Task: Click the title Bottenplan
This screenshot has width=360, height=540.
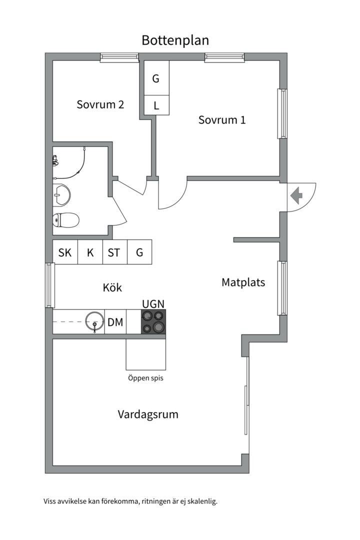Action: coord(175,40)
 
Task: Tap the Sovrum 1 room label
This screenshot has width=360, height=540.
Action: coord(222,120)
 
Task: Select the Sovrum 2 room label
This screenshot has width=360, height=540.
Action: coord(100,104)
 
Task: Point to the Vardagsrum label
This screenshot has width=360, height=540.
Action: coord(148,414)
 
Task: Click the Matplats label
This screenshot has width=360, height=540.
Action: coord(243,282)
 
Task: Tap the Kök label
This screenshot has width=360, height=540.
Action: coord(112,287)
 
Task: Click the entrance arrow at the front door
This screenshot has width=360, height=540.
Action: coord(296,195)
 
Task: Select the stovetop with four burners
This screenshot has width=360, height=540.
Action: coord(153,321)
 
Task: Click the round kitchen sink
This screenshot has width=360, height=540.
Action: coord(94,321)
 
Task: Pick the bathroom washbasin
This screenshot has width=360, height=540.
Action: coord(62,194)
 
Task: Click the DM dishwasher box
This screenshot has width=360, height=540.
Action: coord(115,322)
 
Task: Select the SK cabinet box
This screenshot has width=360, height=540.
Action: coord(65,252)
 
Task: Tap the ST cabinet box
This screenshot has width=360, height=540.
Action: coord(114,252)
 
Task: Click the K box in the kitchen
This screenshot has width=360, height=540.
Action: coord(90,252)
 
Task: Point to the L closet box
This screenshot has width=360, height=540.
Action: coord(156,105)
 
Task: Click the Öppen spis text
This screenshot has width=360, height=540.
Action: coord(145,378)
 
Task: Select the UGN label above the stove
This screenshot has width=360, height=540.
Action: coord(153,304)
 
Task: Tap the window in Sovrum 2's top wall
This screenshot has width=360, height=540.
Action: coord(119,57)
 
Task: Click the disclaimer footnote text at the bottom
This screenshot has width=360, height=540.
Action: coord(131,501)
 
